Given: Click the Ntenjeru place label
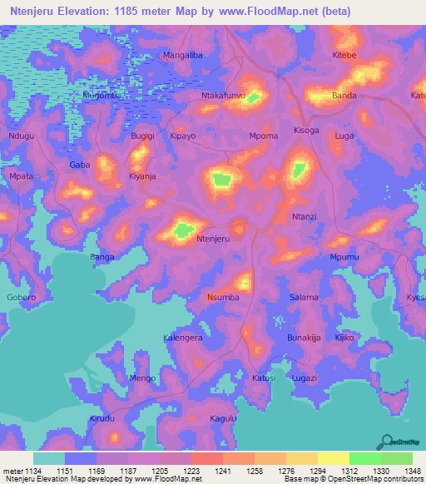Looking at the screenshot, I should click(212, 239).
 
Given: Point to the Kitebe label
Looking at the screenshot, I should click(344, 55).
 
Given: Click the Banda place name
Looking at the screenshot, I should click(344, 96).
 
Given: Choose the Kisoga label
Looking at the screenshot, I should click(306, 131).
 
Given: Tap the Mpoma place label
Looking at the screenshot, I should click(264, 135).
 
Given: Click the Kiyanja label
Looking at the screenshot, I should click(142, 177).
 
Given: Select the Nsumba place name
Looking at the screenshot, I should click(223, 297).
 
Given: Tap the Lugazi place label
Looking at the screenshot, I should click(305, 378).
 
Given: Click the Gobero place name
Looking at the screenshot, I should click(22, 297).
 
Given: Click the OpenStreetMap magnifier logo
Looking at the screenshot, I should click(385, 442).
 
